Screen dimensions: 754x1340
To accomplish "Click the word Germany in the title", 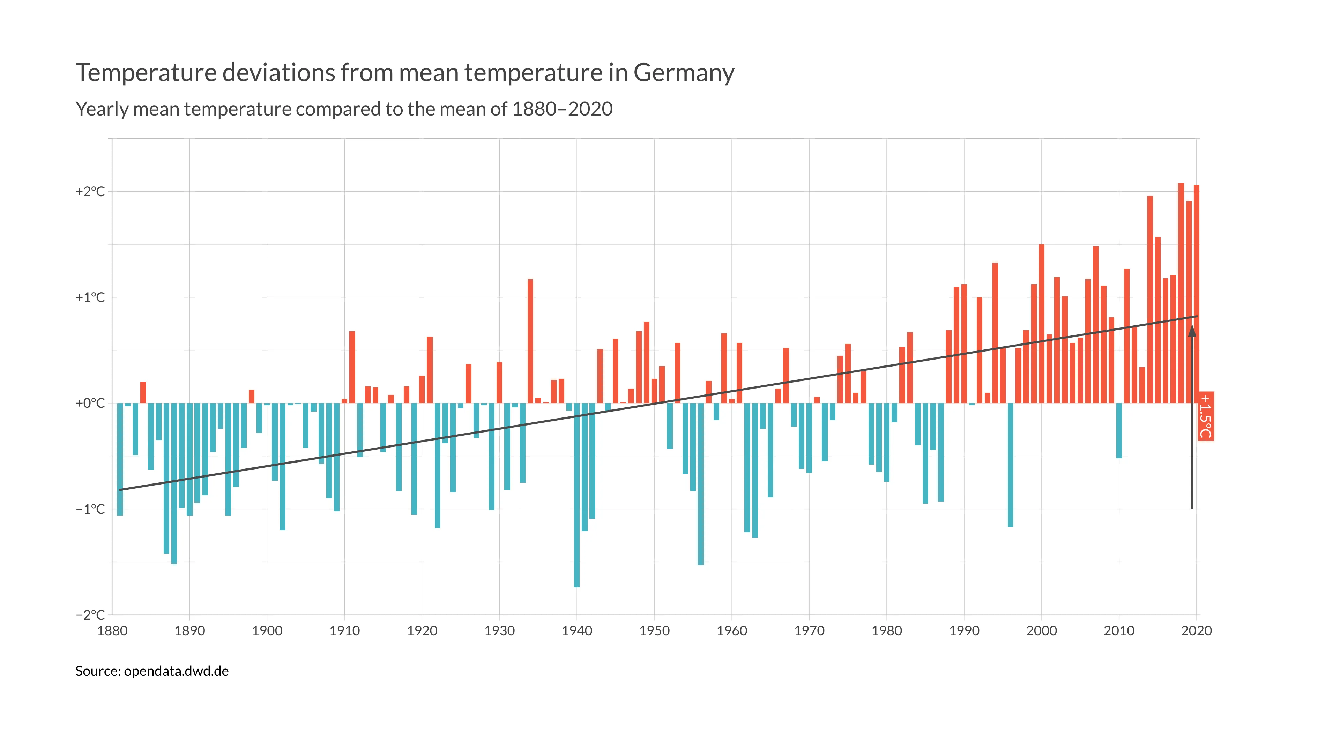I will tap(683, 73).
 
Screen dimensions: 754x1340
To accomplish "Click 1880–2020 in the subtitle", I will tap(562, 109).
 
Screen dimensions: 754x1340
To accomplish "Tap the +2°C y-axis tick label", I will tap(90, 192).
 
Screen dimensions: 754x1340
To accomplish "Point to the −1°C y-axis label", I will tap(90, 509).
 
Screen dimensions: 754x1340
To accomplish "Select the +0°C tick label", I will tap(90, 403).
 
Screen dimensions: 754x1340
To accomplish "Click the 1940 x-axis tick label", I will tap(576, 631).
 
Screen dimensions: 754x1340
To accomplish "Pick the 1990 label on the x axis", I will tap(964, 631).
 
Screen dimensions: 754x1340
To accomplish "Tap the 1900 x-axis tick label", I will tap(267, 631).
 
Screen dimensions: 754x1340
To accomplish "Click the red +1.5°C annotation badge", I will tap(1206, 416).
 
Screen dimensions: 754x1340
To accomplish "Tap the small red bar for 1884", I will tap(143, 393).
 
